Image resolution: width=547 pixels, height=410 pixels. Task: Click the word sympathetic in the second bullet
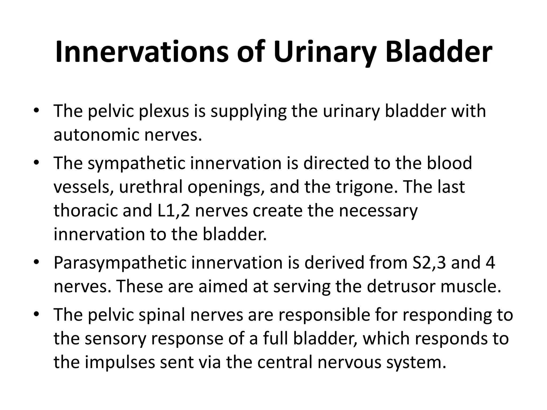click(x=136, y=163)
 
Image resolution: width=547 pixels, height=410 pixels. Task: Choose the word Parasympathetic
click(x=120, y=263)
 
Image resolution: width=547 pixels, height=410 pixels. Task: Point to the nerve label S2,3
click(x=428, y=263)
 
